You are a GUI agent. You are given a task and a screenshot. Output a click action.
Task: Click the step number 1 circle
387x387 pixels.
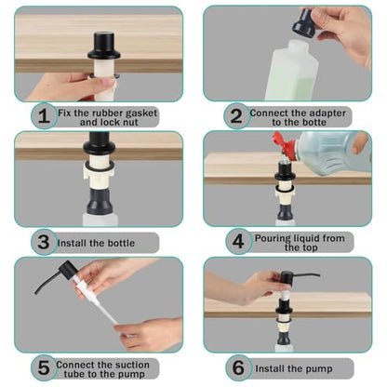coord(44,116)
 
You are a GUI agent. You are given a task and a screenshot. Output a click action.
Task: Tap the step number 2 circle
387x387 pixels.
coord(236,116)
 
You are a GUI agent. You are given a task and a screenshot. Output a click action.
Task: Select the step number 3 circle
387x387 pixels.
coord(44,242)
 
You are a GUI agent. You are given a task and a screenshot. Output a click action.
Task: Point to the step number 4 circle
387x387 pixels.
coord(238,242)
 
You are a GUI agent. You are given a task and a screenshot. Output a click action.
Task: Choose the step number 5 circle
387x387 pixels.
coord(44,368)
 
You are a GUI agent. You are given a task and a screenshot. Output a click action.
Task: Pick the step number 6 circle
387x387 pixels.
coord(238,368)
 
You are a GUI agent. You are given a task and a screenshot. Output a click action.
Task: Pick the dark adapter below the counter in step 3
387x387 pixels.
coord(100,201)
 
